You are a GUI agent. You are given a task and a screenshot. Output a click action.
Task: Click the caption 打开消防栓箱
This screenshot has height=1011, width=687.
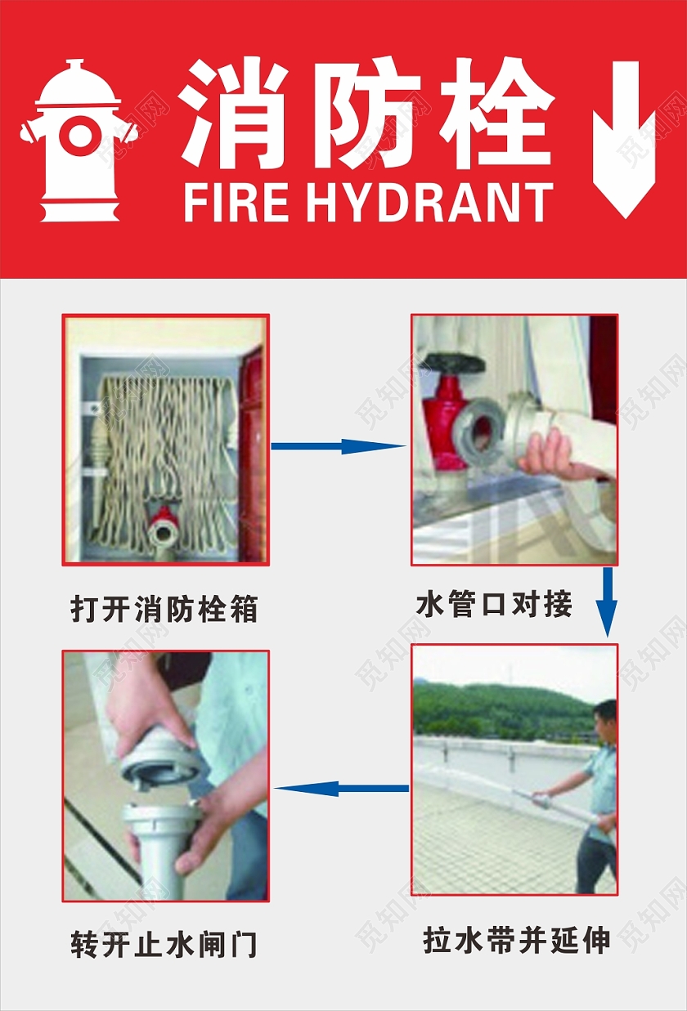pyautogui.click(x=164, y=609)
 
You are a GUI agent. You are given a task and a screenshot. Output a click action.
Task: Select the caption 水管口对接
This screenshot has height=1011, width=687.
pyautogui.click(x=494, y=605)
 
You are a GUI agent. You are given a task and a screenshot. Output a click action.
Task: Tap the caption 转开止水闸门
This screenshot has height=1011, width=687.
pyautogui.click(x=164, y=945)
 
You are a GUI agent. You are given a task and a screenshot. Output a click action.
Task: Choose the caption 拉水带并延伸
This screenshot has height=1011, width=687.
pyautogui.click(x=516, y=940)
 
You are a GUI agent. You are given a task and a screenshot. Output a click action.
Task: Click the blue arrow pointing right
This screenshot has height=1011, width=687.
pyautogui.click(x=337, y=446)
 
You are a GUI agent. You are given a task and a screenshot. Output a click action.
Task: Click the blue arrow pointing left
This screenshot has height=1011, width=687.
pyautogui.click(x=341, y=788)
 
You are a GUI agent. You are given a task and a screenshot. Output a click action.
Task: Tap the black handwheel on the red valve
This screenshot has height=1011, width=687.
pyautogui.click(x=451, y=363)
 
